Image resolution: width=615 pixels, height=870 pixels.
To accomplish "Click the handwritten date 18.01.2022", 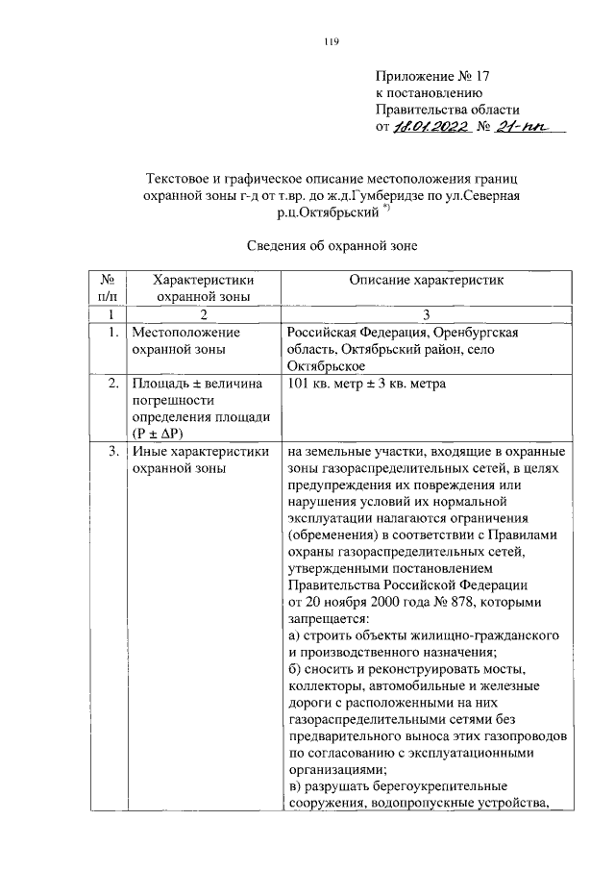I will click(x=431, y=127).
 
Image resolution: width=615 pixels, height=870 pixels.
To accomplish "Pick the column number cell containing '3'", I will click(x=427, y=314).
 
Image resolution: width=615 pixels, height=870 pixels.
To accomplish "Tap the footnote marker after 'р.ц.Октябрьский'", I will click(x=385, y=211).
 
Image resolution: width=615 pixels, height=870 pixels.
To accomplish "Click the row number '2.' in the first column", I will click(x=111, y=385).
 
